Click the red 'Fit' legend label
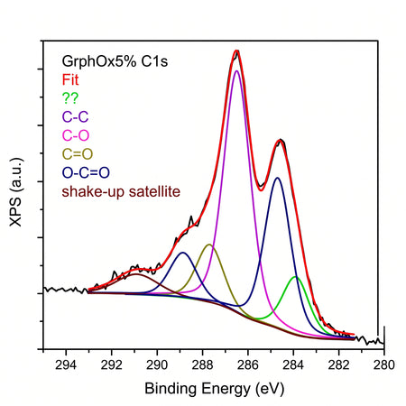[70, 79]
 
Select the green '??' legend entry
[70, 98]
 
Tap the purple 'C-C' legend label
[75, 116]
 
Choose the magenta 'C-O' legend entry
[76, 135]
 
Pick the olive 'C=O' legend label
[78, 154]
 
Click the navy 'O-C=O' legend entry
[86, 172]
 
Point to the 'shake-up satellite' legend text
[121, 191]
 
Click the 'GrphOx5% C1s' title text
[115, 61]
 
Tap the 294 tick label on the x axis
[66, 365]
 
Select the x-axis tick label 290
[157, 365]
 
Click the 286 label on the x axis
[248, 365]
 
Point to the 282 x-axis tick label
[339, 365]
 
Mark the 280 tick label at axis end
[384, 365]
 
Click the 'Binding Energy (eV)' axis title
[215, 389]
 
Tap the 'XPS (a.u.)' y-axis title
[16, 192]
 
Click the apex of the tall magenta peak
[236, 70]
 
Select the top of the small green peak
[296, 276]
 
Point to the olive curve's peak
[209, 245]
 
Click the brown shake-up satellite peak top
[136, 274]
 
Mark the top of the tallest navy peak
[278, 178]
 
